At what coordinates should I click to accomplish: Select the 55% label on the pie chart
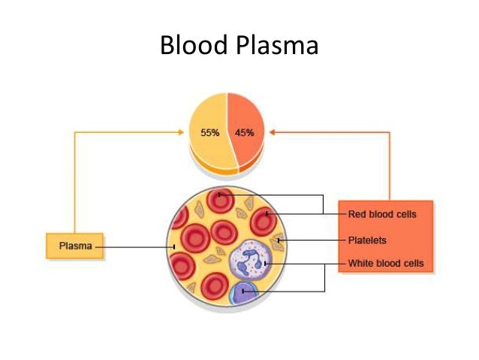(209, 133)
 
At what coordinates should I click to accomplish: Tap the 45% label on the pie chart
(244, 133)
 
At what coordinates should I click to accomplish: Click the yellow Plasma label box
(74, 246)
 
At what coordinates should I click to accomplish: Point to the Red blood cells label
(381, 214)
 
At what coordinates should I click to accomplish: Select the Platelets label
(367, 241)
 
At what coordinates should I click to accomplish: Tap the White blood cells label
(385, 264)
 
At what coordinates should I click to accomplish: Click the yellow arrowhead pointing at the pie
(182, 132)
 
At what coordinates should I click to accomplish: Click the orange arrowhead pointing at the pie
(273, 132)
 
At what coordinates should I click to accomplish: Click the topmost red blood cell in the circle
(221, 199)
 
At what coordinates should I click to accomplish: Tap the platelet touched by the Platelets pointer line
(279, 242)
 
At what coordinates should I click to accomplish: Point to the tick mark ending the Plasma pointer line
(173, 246)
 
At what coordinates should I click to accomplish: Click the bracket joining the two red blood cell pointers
(323, 204)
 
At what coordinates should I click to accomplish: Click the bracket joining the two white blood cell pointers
(324, 277)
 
